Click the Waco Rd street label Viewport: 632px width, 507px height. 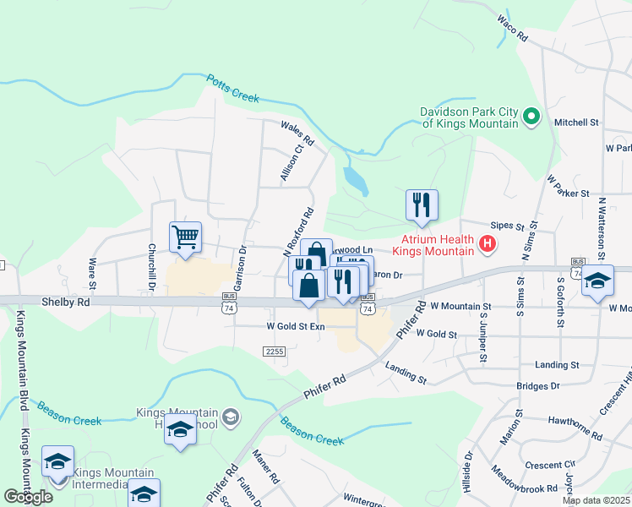[512, 30]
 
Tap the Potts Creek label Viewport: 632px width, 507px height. [232, 89]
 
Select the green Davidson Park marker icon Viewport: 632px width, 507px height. [531, 117]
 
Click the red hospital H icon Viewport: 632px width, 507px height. [487, 244]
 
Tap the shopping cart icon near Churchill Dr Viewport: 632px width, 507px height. [185, 237]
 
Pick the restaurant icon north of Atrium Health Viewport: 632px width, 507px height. [421, 204]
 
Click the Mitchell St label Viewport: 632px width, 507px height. [576, 123]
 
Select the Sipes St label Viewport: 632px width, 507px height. [508, 227]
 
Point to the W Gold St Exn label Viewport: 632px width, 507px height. [296, 325]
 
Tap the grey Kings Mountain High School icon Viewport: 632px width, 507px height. [231, 416]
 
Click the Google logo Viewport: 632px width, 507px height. [28, 496]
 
